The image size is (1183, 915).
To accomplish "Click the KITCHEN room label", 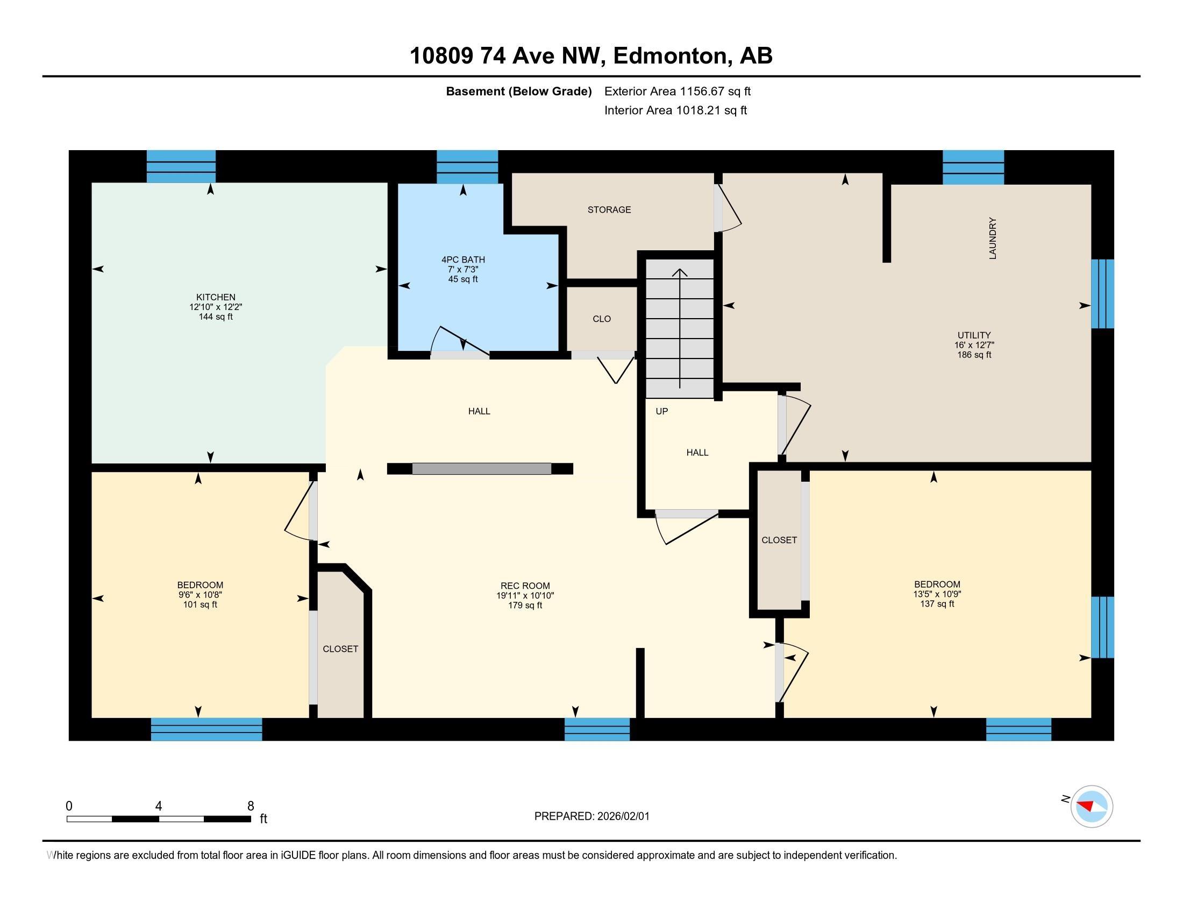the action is click(216, 297).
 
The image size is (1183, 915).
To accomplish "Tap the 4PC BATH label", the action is click(463, 259).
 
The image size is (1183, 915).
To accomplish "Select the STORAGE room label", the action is click(609, 210).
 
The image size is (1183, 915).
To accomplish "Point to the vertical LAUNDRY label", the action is click(993, 238).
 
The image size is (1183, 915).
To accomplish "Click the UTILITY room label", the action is click(974, 335).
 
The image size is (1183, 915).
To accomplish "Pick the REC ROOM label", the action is click(525, 586).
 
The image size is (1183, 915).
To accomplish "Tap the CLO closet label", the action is click(602, 319).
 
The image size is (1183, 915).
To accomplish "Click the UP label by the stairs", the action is click(662, 411).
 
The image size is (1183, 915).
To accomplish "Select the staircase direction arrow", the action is click(680, 328).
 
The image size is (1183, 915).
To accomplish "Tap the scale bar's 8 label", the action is click(251, 806).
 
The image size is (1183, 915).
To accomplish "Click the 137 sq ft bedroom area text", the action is click(937, 604).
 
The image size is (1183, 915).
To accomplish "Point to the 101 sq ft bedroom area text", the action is click(200, 604).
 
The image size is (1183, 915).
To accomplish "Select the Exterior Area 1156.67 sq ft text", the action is click(678, 91).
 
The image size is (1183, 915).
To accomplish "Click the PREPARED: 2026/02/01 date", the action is click(592, 817).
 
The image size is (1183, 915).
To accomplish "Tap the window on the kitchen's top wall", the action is click(181, 166).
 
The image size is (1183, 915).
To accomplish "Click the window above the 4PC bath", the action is click(467, 167).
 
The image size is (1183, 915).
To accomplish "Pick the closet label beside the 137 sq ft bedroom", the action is click(779, 540).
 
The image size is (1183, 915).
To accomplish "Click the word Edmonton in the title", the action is click(670, 56).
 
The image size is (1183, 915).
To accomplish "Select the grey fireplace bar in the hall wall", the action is click(482, 469).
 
